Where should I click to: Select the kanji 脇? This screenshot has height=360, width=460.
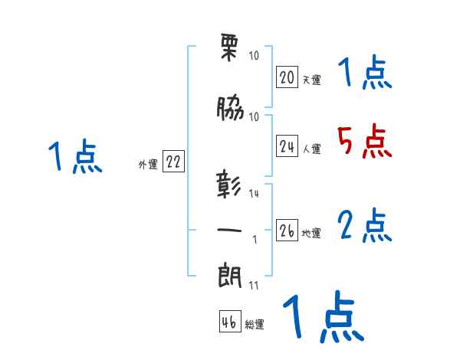231,110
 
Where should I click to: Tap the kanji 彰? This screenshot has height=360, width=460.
231,186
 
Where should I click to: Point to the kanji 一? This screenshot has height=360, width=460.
231,230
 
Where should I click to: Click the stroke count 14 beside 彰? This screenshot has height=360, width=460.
255,194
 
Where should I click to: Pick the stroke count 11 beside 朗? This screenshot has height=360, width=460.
254,286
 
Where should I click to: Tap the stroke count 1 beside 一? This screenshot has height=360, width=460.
255,239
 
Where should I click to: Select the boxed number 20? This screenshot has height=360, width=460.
287,77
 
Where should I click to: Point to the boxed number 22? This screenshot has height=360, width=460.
173,162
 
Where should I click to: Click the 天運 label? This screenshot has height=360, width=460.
311,80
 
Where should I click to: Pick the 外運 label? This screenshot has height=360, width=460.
148,164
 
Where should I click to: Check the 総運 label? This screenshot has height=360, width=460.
255,325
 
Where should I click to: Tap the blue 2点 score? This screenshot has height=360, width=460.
365,226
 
